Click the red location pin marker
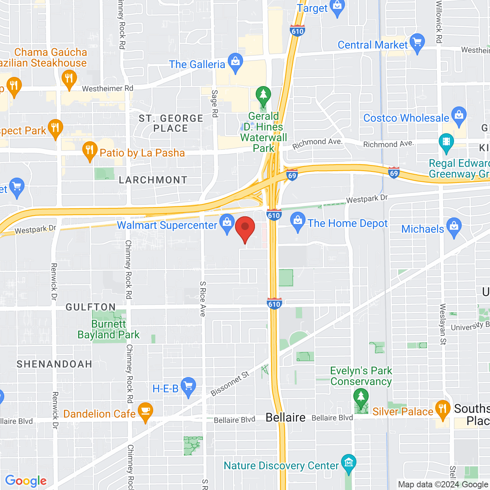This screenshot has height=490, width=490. tap(245, 228)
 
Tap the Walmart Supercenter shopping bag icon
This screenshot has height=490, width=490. tap(227, 223)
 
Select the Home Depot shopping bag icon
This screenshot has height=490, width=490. tap(297, 221)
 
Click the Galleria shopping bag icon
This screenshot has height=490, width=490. tap(235, 62)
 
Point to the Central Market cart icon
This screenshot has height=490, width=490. tap(417, 43)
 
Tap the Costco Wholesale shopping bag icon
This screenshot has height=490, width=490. tap(459, 116)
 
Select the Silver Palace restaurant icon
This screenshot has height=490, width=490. tap(442, 410)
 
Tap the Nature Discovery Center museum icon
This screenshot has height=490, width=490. tap(348, 464)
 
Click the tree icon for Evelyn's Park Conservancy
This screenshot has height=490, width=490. tap(361, 398)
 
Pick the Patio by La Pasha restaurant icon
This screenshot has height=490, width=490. tap(90, 151)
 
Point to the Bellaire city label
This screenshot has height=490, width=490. tap(286, 417)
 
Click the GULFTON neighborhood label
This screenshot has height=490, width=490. tap(91, 307)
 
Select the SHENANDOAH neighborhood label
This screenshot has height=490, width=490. tap(54, 364)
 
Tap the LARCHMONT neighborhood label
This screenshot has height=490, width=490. tap(153, 180)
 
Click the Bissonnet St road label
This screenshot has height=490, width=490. tap(230, 384)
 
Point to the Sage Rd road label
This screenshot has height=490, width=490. tap(214, 103)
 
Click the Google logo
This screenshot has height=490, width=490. tap(26, 481)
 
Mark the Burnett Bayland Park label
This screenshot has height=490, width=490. tap(109, 329)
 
